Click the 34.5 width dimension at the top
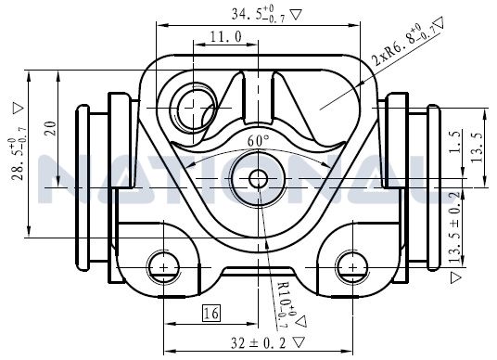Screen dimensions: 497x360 (x=258, y=15)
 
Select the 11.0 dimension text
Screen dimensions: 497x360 (x=226, y=37)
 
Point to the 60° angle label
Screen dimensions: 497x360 (x=259, y=140)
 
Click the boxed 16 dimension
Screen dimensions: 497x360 (x=211, y=314)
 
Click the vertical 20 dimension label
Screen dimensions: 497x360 (x=51, y=128)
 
